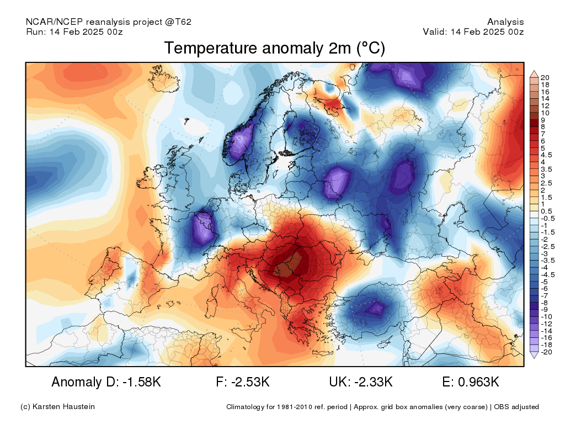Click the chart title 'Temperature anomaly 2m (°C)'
pos(275,48)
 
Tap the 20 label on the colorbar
pos(545,77)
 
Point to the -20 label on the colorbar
pos(546,352)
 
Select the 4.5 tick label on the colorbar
pos(546,155)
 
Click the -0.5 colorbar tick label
pos(547,219)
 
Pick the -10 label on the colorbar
pos(546,317)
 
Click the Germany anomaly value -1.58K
pos(142,381)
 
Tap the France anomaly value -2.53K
pos(250,381)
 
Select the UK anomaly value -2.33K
pos(374,381)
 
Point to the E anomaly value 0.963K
pos(478,381)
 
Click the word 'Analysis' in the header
pos(505,22)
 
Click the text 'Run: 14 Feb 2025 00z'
pos(74,31)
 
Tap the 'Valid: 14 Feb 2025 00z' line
pos(473,31)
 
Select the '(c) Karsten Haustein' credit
pos(57,407)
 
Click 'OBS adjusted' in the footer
pos(516,407)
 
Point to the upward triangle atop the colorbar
pos(534,74)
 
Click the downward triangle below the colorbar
pos(534,355)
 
